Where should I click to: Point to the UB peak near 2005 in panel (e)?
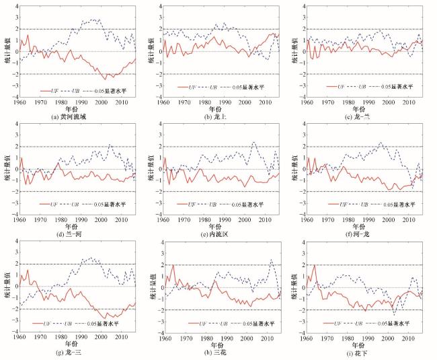tap(254, 142)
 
